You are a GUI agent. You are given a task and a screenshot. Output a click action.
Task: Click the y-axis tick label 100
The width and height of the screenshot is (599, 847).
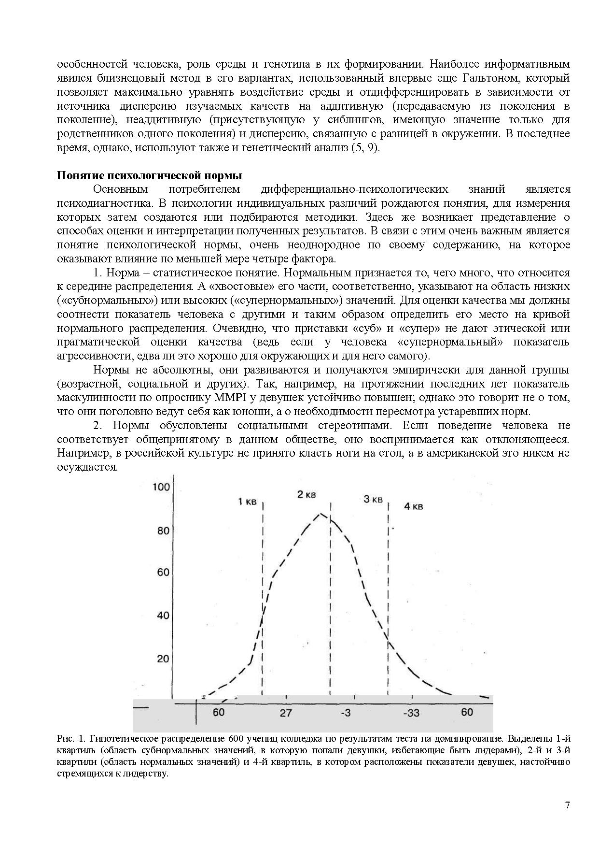[161, 487]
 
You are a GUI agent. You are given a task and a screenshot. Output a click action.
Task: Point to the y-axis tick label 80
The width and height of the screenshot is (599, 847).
[164, 531]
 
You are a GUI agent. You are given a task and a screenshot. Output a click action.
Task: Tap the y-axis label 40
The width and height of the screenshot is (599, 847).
[164, 616]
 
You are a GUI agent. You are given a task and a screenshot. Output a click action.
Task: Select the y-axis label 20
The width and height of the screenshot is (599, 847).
[164, 659]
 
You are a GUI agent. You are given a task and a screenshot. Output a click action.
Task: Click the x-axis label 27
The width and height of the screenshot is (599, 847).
[286, 713]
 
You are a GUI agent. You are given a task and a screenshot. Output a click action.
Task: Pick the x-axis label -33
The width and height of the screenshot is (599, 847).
[411, 713]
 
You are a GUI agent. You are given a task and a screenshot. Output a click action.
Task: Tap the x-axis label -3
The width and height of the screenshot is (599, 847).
[346, 713]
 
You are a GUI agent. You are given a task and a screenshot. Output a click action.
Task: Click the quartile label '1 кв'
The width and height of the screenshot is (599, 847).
[247, 502]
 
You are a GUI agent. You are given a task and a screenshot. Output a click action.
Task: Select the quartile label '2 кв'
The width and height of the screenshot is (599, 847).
[306, 494]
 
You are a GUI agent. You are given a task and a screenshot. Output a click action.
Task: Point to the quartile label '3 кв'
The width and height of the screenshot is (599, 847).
[373, 499]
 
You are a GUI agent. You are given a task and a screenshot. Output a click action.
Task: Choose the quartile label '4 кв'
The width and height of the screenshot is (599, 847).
[413, 506]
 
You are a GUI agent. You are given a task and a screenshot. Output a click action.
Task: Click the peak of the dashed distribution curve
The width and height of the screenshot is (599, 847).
[320, 514]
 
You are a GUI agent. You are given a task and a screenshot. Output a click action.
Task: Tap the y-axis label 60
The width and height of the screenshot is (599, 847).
[164, 573]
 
